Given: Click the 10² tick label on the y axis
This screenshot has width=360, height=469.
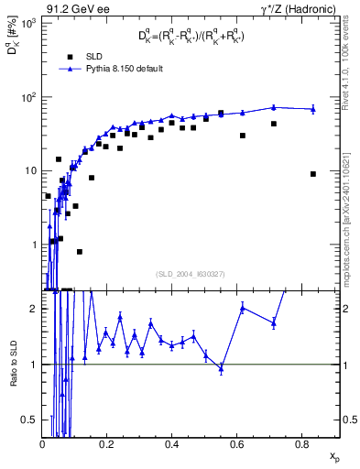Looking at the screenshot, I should [28, 96].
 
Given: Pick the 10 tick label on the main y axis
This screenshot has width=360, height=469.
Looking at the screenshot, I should [30, 170].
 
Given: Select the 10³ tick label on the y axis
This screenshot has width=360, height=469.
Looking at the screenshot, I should [28, 22].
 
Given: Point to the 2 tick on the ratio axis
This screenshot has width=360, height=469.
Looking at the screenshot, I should [34, 309].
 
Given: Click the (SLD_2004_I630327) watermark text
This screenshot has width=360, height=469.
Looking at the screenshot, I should [191, 273].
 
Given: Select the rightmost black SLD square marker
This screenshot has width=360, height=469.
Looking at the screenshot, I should [313, 174].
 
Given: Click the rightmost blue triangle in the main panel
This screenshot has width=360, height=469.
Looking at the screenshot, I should [313, 109].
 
